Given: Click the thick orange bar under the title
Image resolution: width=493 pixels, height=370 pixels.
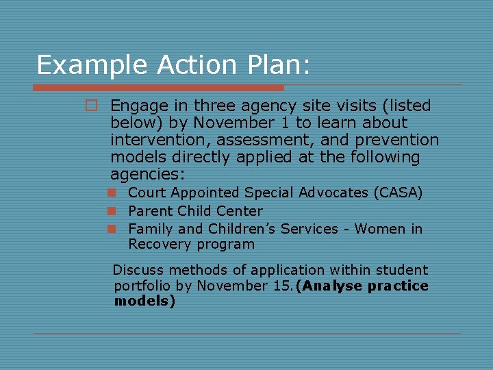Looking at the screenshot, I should click(158, 88).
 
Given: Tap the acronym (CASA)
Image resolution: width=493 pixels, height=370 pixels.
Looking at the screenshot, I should click(398, 193).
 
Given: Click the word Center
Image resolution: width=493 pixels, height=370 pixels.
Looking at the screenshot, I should click(240, 211).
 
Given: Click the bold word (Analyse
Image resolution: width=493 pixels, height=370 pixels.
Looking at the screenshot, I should click(329, 286).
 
